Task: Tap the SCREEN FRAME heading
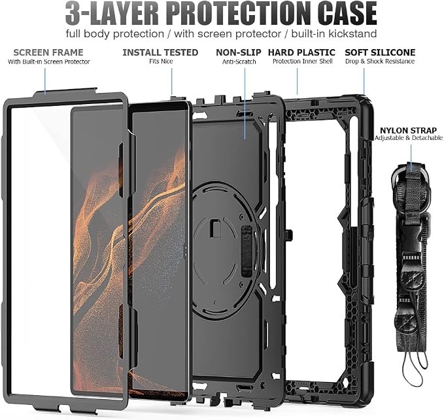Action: coord(48,52)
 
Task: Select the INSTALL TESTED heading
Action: coord(160,52)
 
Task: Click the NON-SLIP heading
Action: coord(239,52)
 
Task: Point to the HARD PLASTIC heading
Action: coord(301,52)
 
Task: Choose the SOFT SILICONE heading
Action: coord(380,52)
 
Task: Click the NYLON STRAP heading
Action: coord(408,131)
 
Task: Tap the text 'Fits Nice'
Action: coord(161,61)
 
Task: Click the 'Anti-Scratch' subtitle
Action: coord(239,61)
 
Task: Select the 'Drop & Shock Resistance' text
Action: coord(380,61)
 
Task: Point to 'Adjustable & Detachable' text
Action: coord(409,138)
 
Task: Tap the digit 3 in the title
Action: coord(73,14)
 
